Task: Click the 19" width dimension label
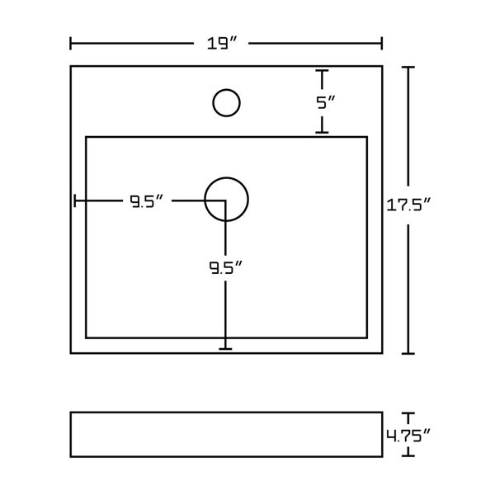[x=225, y=43]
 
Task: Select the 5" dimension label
[x=326, y=103]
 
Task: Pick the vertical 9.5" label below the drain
[x=224, y=267]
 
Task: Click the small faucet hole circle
[x=225, y=103]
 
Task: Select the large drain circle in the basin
[x=225, y=200]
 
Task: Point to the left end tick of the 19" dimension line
[x=71, y=43]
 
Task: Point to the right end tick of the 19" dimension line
[x=381, y=43]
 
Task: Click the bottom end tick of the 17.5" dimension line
[x=408, y=353]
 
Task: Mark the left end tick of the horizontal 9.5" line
[x=75, y=200]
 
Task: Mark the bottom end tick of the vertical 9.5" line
[x=225, y=349]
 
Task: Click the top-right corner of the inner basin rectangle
[x=366, y=137]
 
